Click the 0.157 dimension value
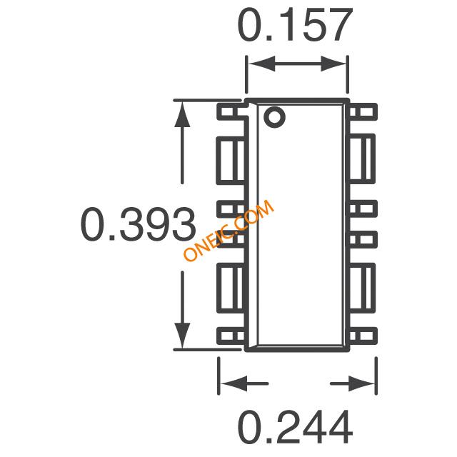(295, 25)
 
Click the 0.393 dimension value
(138, 224)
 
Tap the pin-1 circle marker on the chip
(274, 116)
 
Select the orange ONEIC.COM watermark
(228, 230)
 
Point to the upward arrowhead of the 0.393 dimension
(183, 114)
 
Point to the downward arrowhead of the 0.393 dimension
(183, 336)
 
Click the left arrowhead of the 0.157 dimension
(261, 64)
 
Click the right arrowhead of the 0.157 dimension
(333, 64)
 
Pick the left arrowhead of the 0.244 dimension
(233, 383)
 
